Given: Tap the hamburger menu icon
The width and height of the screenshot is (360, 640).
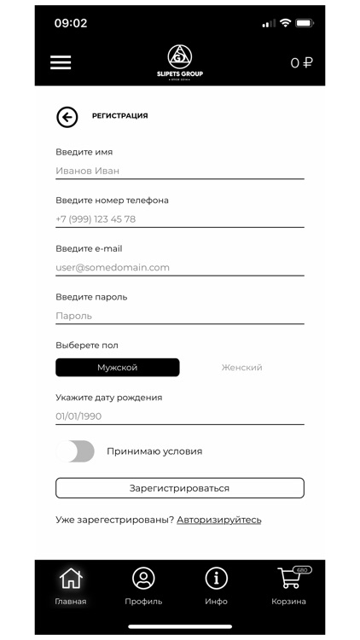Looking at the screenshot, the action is coord(61,62).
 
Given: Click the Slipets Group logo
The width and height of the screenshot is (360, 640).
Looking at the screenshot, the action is coord(180,61).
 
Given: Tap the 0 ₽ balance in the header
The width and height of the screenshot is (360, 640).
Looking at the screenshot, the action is coord(301,62).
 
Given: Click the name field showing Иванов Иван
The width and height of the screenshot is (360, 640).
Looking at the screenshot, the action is coord(179,171).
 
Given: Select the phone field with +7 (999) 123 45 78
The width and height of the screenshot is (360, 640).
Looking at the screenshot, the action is coord(179,219).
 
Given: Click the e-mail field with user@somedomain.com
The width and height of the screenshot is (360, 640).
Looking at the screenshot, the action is coord(179,267).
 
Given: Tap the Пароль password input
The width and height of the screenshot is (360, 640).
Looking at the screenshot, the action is coord(179,316).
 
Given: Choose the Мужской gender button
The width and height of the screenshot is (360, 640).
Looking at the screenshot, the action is coord(118,368).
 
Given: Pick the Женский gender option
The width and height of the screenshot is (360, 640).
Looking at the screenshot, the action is coord(241,368).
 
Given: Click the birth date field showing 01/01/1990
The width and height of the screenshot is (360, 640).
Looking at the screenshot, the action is coord(179,416).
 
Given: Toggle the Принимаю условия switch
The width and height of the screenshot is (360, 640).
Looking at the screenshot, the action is coord(76,451).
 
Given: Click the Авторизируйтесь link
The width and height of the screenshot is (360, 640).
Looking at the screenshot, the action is coord(219,520).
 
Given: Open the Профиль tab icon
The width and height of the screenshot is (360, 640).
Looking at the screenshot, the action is coord(143,579).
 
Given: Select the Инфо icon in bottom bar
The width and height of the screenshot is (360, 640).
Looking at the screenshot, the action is coord(217,579).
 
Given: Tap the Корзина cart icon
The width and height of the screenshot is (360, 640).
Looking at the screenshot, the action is coord(290,579).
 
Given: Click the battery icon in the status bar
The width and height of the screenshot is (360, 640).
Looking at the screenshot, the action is coord(305,23).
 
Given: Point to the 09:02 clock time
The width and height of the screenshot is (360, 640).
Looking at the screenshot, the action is coord(71,23).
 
